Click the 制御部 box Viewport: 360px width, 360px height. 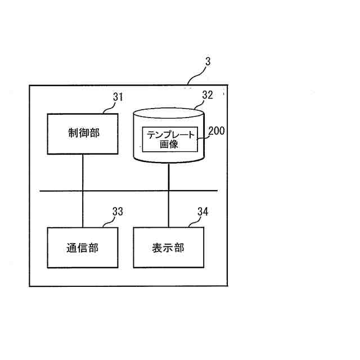click(83, 134)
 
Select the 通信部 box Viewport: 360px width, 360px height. click(83, 247)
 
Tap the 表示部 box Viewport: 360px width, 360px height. click(168, 247)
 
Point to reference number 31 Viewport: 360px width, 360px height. click(118, 97)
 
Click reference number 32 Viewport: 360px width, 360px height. click(208, 95)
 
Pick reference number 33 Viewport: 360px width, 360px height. click(118, 211)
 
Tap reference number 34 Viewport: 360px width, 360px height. click(203, 211)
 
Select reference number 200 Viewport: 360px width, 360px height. click(216, 132)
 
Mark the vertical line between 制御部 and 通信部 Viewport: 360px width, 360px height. click(83, 172)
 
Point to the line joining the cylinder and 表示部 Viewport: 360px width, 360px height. click(168, 197)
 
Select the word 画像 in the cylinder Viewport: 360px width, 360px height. click(169, 144)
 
